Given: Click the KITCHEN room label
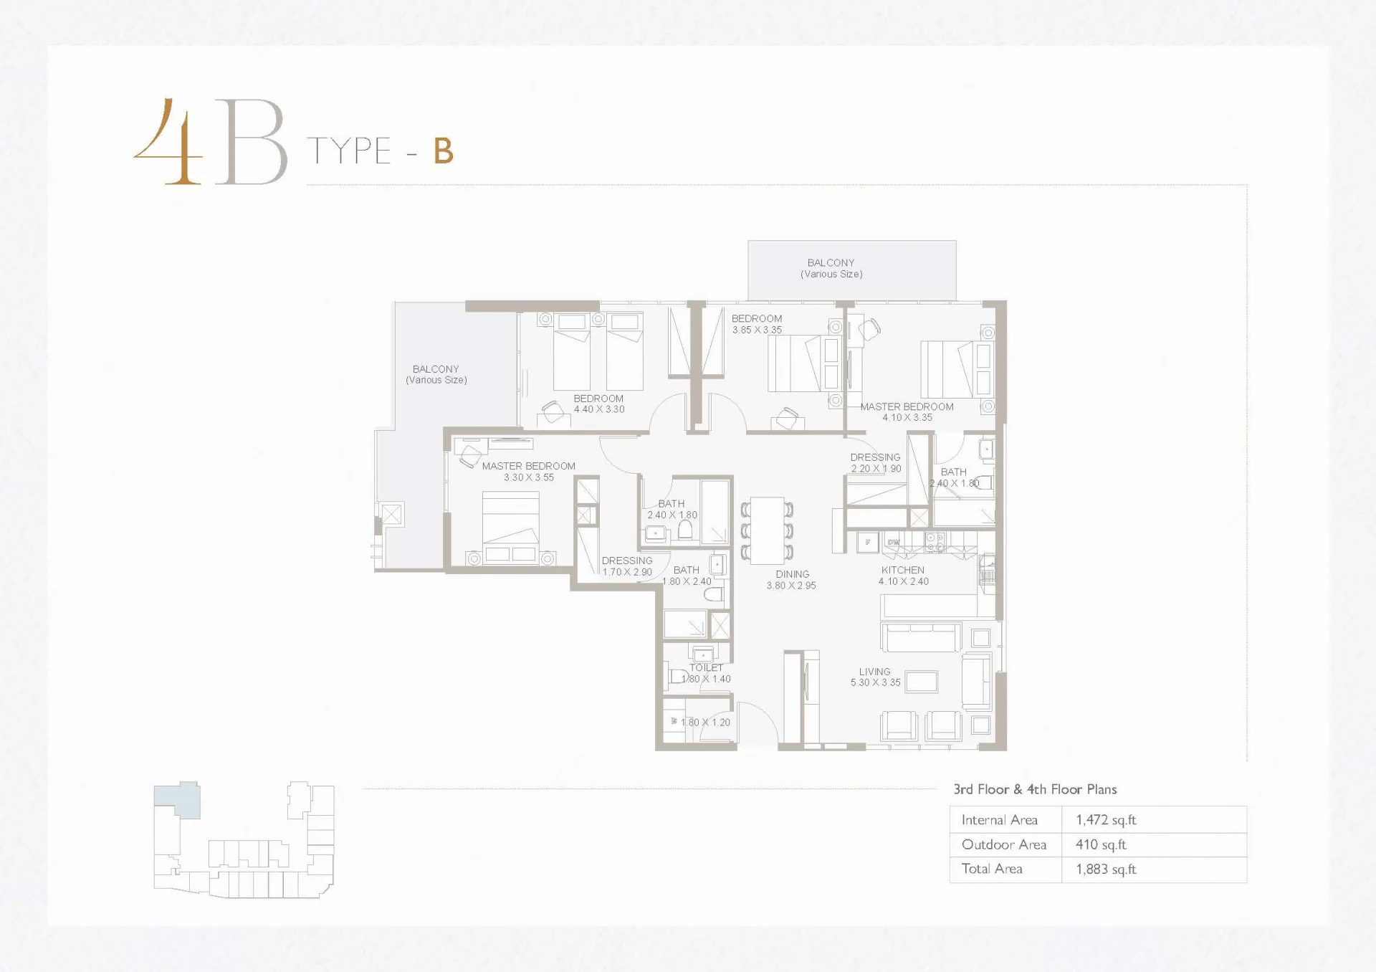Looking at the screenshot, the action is (x=902, y=570).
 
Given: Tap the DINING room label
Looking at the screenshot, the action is (x=792, y=574).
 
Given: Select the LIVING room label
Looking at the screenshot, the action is (x=874, y=672).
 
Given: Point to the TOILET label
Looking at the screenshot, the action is (x=706, y=667).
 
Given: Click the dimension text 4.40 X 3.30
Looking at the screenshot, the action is (x=599, y=409).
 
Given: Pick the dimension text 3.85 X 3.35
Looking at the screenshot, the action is (x=757, y=330).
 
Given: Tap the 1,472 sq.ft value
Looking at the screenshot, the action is (x=1106, y=820).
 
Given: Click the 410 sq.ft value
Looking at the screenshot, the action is (x=1101, y=844).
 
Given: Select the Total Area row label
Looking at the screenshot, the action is (x=992, y=869).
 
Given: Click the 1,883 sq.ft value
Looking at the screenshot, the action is (x=1106, y=869).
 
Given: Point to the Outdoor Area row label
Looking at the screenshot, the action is (x=1004, y=844).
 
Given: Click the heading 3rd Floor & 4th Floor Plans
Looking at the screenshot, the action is (x=1035, y=789).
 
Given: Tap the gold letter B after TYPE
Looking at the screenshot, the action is (x=444, y=151).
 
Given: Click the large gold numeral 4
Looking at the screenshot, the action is (x=168, y=142).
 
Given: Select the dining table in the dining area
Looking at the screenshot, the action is (x=767, y=530).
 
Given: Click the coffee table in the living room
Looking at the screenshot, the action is (x=922, y=682).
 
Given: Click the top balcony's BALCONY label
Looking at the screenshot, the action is (x=831, y=263).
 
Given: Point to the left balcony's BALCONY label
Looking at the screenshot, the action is (x=436, y=369).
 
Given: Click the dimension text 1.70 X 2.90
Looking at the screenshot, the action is (x=627, y=572).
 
